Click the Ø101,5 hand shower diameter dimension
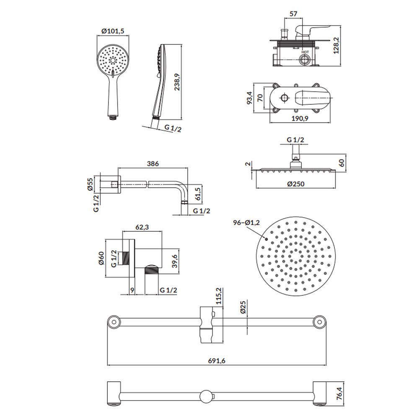(113, 31)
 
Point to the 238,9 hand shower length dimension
(177, 82)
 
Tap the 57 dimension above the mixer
(293, 14)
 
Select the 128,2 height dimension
(336, 45)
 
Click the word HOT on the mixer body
(305, 52)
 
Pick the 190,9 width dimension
(300, 118)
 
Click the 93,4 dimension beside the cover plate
(249, 98)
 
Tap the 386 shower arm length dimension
(153, 163)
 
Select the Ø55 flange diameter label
(90, 184)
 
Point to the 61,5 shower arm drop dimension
(197, 194)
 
